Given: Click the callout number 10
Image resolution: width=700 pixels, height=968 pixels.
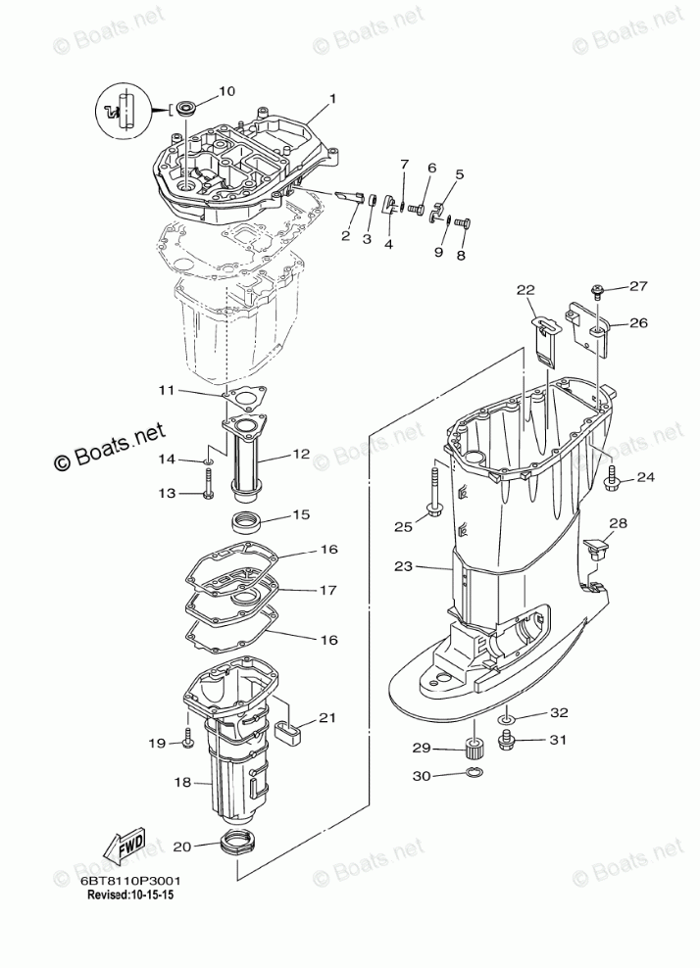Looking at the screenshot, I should pos(226,91).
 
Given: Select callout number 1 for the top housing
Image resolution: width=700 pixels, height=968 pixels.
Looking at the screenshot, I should pos(332,99).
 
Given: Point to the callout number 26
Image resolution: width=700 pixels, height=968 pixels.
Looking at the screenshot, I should pos(638,322).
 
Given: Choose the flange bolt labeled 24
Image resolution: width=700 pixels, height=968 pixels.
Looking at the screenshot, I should pos(612,479).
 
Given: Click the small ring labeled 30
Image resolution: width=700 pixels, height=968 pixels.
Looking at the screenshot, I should pos(474,776).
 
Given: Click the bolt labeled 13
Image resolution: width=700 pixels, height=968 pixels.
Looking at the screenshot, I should pos(209,484).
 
